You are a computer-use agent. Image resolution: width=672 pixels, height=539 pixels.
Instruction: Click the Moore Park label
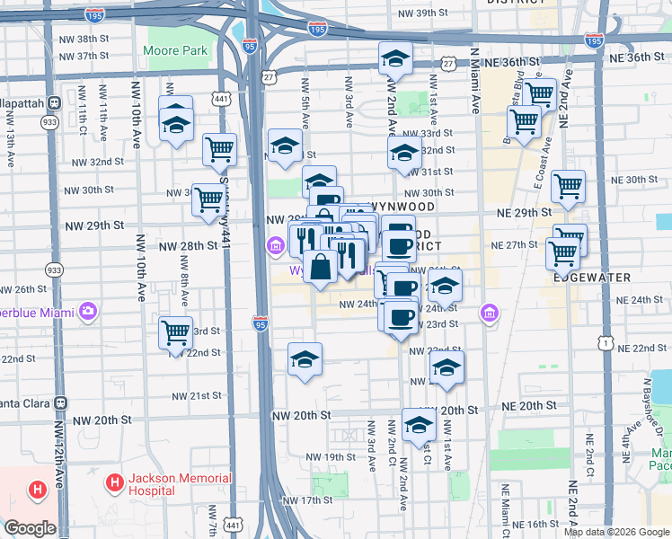coord(175,51)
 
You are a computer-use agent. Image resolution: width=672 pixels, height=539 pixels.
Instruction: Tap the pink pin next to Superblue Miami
coord(88,312)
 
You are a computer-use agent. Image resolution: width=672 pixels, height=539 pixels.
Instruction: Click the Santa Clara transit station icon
coord(61,403)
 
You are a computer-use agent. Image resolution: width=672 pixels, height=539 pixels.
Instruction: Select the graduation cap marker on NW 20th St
coord(419,425)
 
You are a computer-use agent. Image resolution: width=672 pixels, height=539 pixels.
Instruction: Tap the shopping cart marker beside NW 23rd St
coord(176,331)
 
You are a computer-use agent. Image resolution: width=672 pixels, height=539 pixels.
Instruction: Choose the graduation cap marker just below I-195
coord(395,57)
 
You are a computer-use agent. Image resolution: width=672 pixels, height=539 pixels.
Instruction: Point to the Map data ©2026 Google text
coord(616,532)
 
